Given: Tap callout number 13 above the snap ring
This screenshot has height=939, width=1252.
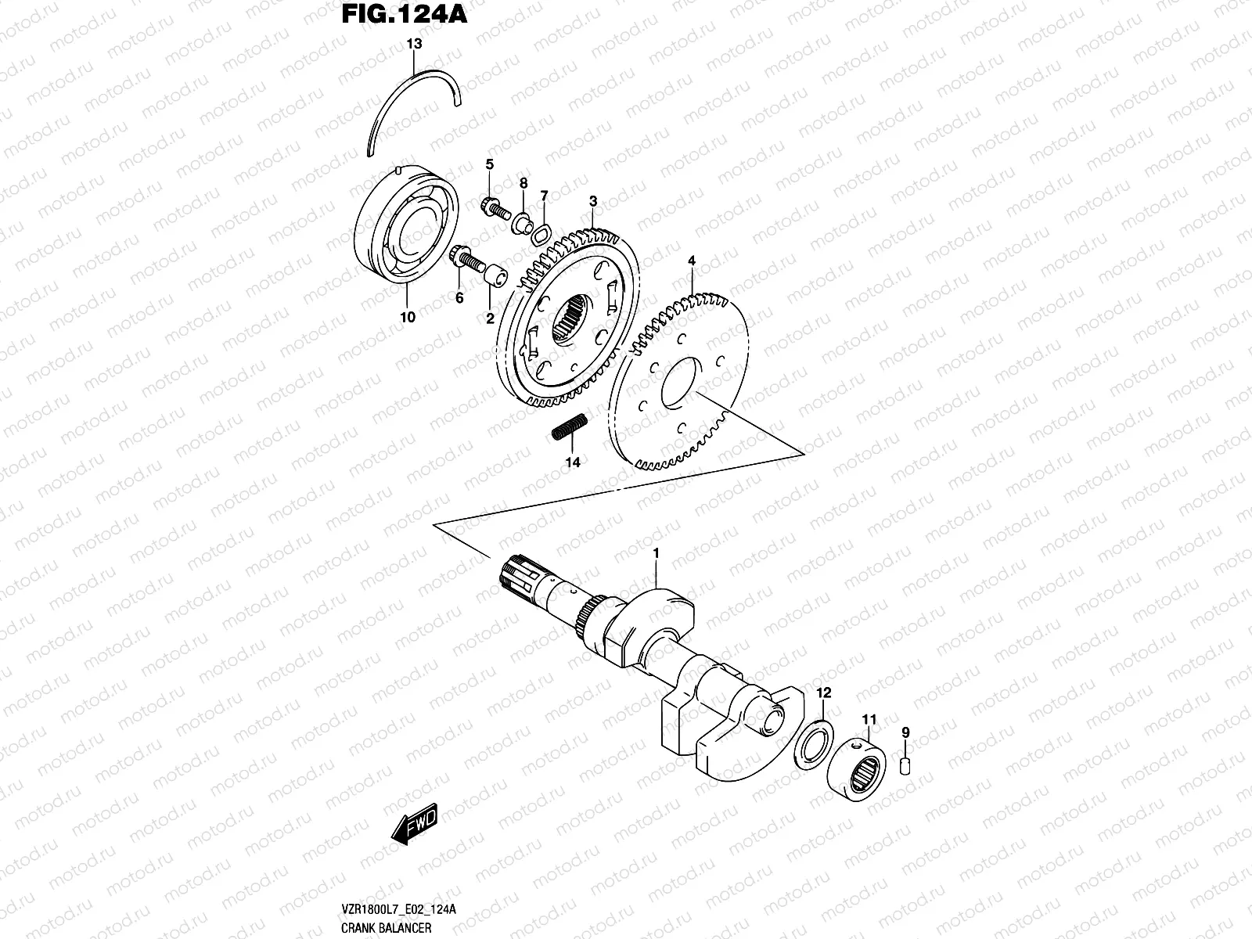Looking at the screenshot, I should [414, 45].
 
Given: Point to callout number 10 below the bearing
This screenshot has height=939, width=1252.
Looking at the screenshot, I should [407, 318].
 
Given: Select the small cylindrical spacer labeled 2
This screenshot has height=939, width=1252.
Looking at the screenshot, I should [493, 275].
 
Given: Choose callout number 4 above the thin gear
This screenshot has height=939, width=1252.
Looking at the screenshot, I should [691, 260].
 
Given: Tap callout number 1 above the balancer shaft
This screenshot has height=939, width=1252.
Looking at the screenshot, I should [657, 554].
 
